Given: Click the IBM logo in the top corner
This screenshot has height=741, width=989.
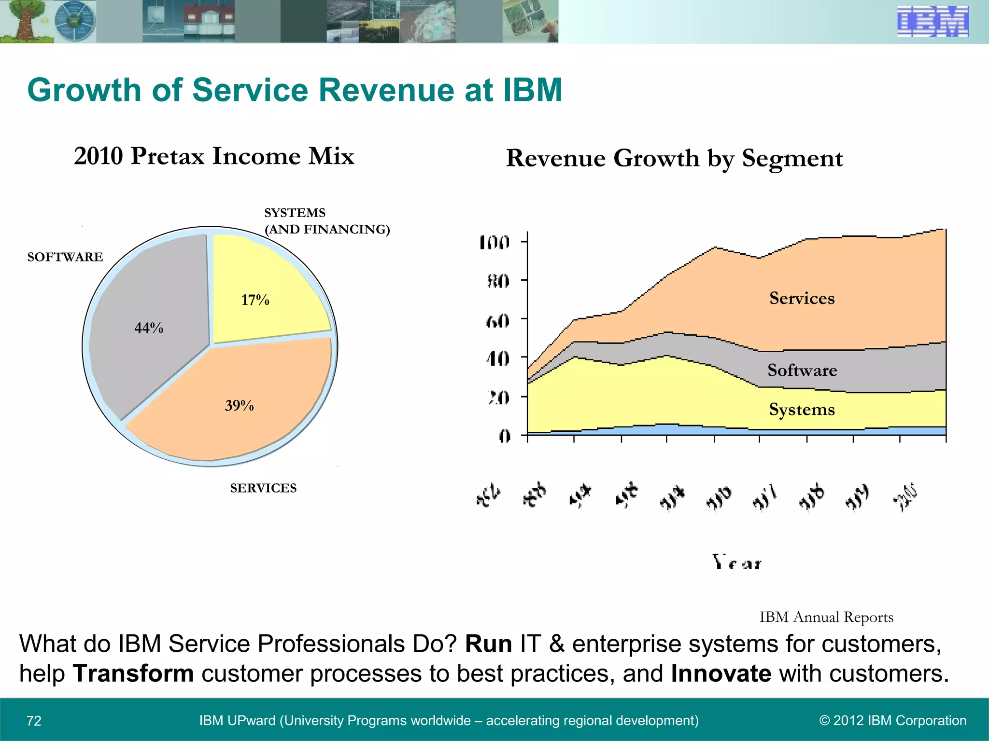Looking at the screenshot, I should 932,22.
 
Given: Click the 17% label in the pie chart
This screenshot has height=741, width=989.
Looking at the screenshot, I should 255,300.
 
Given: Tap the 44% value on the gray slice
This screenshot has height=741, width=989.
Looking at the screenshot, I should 149,328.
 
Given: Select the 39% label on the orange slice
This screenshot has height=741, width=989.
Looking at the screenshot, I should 239,405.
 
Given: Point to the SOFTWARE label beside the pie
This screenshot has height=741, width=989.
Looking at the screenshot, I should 65,257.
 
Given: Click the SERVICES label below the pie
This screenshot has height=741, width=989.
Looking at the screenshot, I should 263,488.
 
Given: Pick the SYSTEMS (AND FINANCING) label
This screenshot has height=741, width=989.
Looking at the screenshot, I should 326,221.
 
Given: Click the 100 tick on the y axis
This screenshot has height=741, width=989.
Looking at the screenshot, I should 494,242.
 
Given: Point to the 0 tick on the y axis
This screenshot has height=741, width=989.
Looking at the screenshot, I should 504,436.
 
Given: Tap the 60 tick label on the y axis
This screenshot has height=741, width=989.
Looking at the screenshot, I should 497,320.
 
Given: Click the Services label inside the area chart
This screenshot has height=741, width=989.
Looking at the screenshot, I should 802,298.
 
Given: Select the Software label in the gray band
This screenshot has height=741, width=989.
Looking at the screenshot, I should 802,370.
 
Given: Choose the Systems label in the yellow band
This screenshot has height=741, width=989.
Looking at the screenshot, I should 802,409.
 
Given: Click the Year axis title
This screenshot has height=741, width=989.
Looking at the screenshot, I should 737,563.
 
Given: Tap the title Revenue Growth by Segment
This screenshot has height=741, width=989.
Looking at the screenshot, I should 674,158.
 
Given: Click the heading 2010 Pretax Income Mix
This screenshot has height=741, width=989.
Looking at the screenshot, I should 214,156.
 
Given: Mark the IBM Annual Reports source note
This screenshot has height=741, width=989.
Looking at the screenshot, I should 826,617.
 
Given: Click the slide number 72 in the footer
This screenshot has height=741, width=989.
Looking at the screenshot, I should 34,721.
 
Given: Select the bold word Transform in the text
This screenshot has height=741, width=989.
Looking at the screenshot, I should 133,673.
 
